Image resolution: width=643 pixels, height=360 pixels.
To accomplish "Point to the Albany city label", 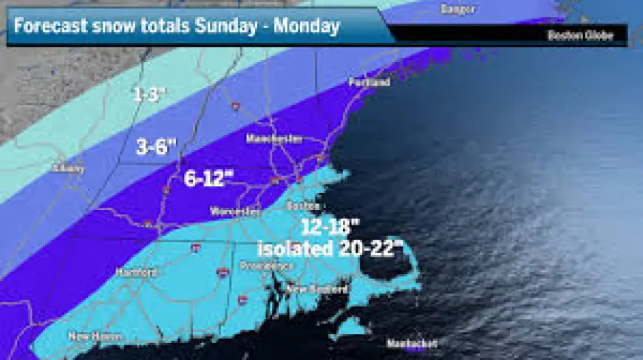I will pos(68,168).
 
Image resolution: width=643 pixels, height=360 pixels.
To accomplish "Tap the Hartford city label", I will pos(137,272).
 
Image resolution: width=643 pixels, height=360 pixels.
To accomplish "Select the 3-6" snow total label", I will pos(156,147).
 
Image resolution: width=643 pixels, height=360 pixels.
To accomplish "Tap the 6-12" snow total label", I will pos(208,178).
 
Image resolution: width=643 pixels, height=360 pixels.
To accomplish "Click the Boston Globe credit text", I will pos(580,35).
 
